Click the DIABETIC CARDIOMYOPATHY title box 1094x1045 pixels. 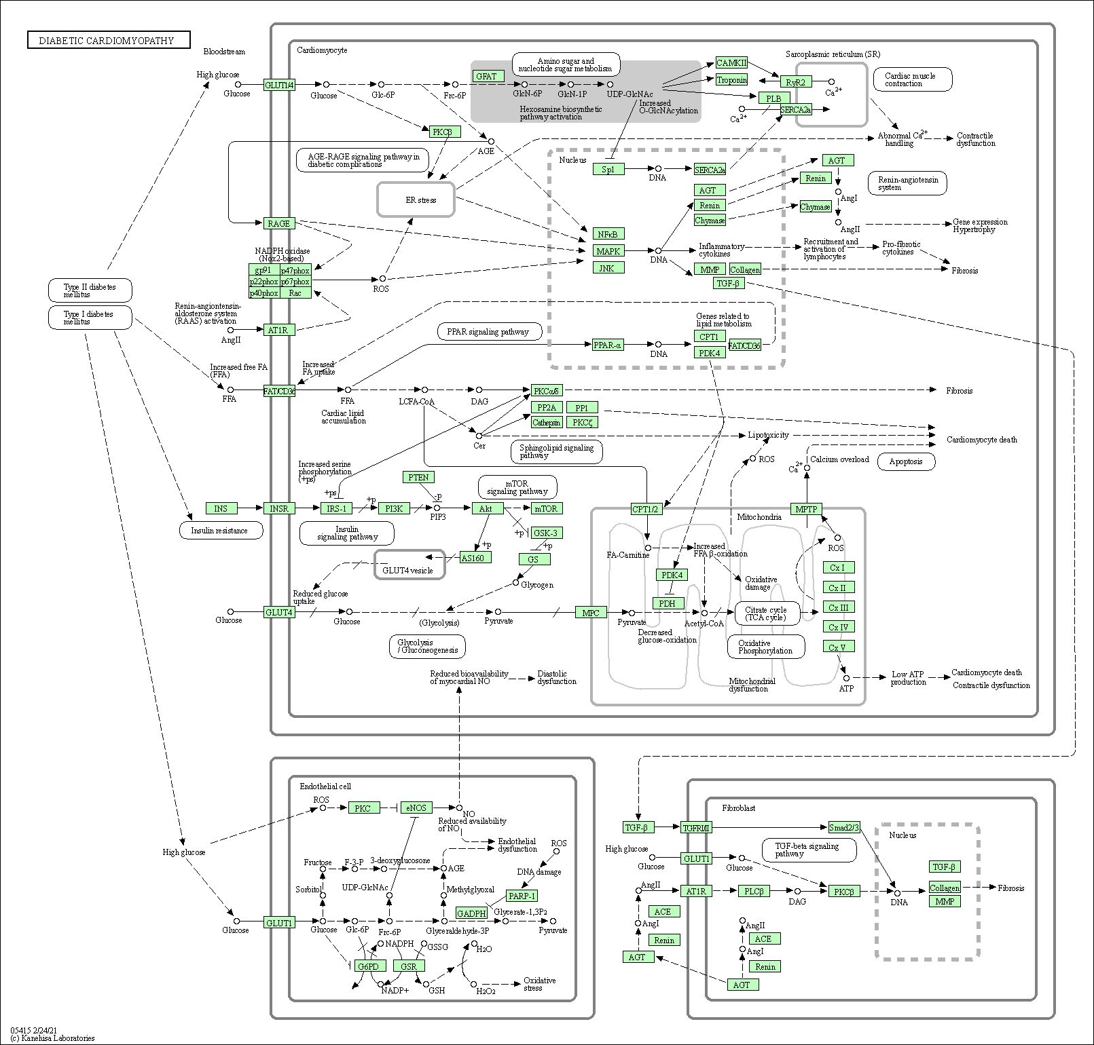[109, 40]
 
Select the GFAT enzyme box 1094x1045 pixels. [486, 76]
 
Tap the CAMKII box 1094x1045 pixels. [731, 62]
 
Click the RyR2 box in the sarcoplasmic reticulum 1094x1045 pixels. [796, 82]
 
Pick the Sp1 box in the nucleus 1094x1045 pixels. [608, 169]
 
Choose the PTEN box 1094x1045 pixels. [418, 477]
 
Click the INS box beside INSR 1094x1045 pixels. [221, 508]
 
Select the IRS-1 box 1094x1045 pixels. [336, 508]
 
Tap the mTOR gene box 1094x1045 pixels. [547, 508]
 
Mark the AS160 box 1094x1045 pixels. [475, 557]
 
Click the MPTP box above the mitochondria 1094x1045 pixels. [807, 508]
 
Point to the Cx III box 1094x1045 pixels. [838, 607]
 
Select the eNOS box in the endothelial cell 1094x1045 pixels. [416, 807]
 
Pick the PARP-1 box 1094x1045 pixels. [522, 895]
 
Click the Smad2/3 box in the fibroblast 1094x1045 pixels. [844, 827]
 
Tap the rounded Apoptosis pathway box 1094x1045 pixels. [906, 461]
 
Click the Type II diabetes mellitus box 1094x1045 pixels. [90, 290]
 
